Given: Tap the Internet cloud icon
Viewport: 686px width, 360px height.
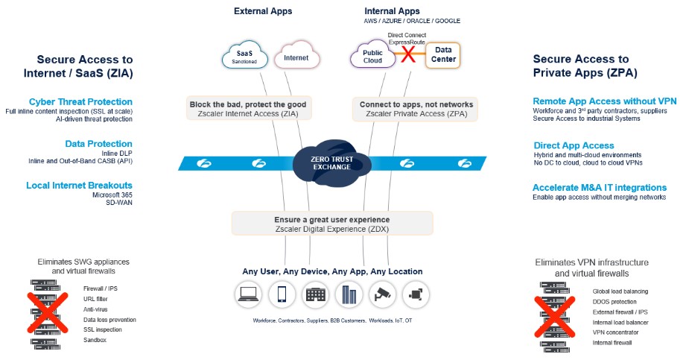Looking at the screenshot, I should (x=296, y=57).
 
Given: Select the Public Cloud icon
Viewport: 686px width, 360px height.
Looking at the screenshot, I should (x=372, y=57).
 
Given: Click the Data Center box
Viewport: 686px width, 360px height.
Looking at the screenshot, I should (x=443, y=55).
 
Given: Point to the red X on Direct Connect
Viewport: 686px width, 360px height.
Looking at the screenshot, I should (x=407, y=54).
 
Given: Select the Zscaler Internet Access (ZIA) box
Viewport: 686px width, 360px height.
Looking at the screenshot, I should (x=248, y=108).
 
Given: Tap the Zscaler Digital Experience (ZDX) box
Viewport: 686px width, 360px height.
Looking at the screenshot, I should (x=331, y=224).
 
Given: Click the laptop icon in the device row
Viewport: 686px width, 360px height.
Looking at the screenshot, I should (x=249, y=294).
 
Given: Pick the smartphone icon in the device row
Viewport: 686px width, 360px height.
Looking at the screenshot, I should (x=282, y=294).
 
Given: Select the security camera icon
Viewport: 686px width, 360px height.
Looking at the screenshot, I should (x=382, y=294).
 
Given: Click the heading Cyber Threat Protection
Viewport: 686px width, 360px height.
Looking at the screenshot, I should (x=80, y=102).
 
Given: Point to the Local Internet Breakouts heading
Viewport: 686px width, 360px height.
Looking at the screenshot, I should (x=79, y=186).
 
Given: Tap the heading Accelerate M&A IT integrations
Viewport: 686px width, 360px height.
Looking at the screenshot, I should (x=600, y=188).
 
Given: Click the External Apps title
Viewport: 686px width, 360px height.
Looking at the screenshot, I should (x=263, y=11).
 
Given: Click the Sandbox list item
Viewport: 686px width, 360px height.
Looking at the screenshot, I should (x=95, y=340).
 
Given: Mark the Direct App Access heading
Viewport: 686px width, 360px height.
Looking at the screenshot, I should (x=574, y=145).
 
